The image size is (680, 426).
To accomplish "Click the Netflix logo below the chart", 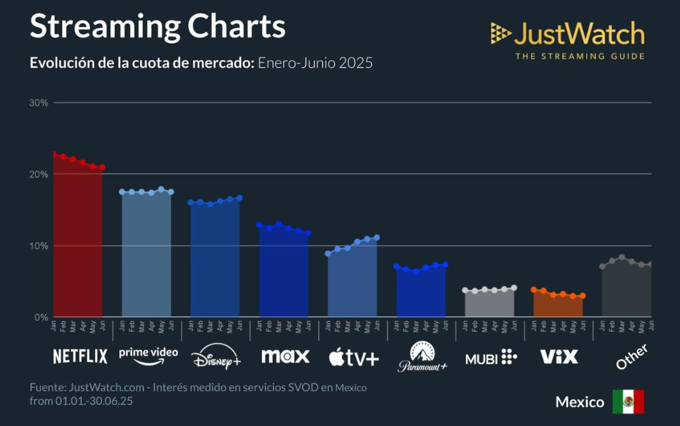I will [80, 356].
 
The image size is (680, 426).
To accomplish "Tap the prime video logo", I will [148, 354].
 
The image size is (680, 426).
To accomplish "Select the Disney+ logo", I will [216, 357].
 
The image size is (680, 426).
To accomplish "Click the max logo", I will [285, 356].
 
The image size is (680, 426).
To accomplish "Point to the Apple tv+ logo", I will [354, 356].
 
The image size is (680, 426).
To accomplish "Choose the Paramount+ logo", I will [422, 357].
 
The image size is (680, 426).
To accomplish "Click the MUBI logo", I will [491, 356].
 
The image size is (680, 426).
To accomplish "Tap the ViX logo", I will [559, 356].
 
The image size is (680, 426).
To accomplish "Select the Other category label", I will [631, 357].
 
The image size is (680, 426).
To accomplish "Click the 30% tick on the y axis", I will [38, 103].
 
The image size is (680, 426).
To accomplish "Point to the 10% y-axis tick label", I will [38, 246].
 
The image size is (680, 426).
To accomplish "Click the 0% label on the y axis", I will [40, 318].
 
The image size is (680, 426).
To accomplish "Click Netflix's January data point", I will [54, 154].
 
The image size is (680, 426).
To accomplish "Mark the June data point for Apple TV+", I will [377, 238].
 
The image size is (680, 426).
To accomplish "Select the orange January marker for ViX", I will [534, 290].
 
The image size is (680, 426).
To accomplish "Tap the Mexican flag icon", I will [628, 401].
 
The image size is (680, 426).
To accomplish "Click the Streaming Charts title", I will [157, 27].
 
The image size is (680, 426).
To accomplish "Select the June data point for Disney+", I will [240, 198].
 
